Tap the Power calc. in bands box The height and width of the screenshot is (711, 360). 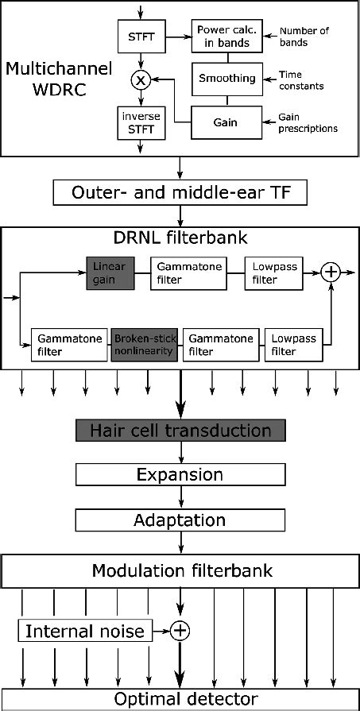coord(226,35)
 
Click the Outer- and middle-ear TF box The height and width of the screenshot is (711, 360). coord(180,193)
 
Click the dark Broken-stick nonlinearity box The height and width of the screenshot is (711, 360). coord(144,345)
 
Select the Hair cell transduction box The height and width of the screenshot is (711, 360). coord(180,431)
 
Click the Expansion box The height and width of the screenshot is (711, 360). coord(180,475)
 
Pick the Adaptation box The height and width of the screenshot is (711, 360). coord(180,520)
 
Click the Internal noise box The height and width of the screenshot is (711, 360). coord(85,632)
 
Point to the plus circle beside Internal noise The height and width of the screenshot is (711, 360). coord(181,632)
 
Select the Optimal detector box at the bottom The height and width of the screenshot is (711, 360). coord(180,699)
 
